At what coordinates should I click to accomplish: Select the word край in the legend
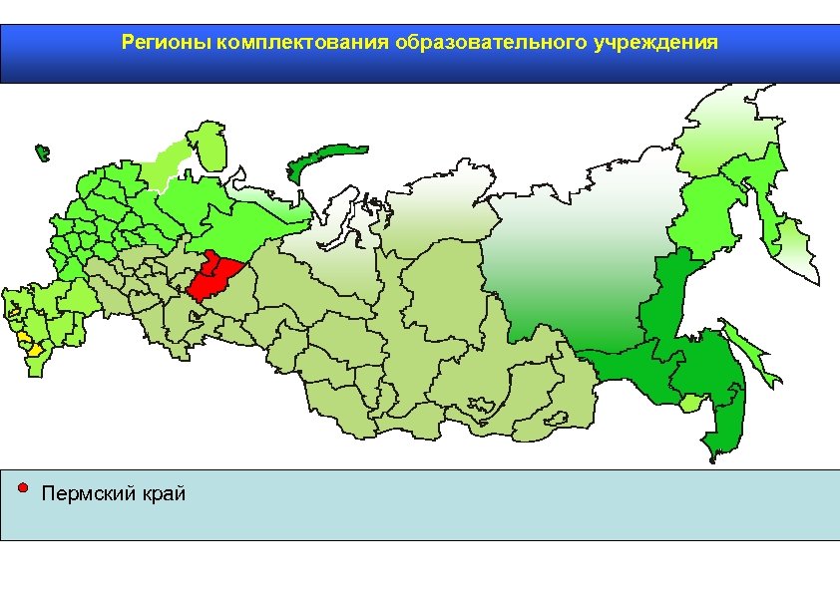[x=163, y=494]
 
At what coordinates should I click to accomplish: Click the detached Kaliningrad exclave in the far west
[x=41, y=153]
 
